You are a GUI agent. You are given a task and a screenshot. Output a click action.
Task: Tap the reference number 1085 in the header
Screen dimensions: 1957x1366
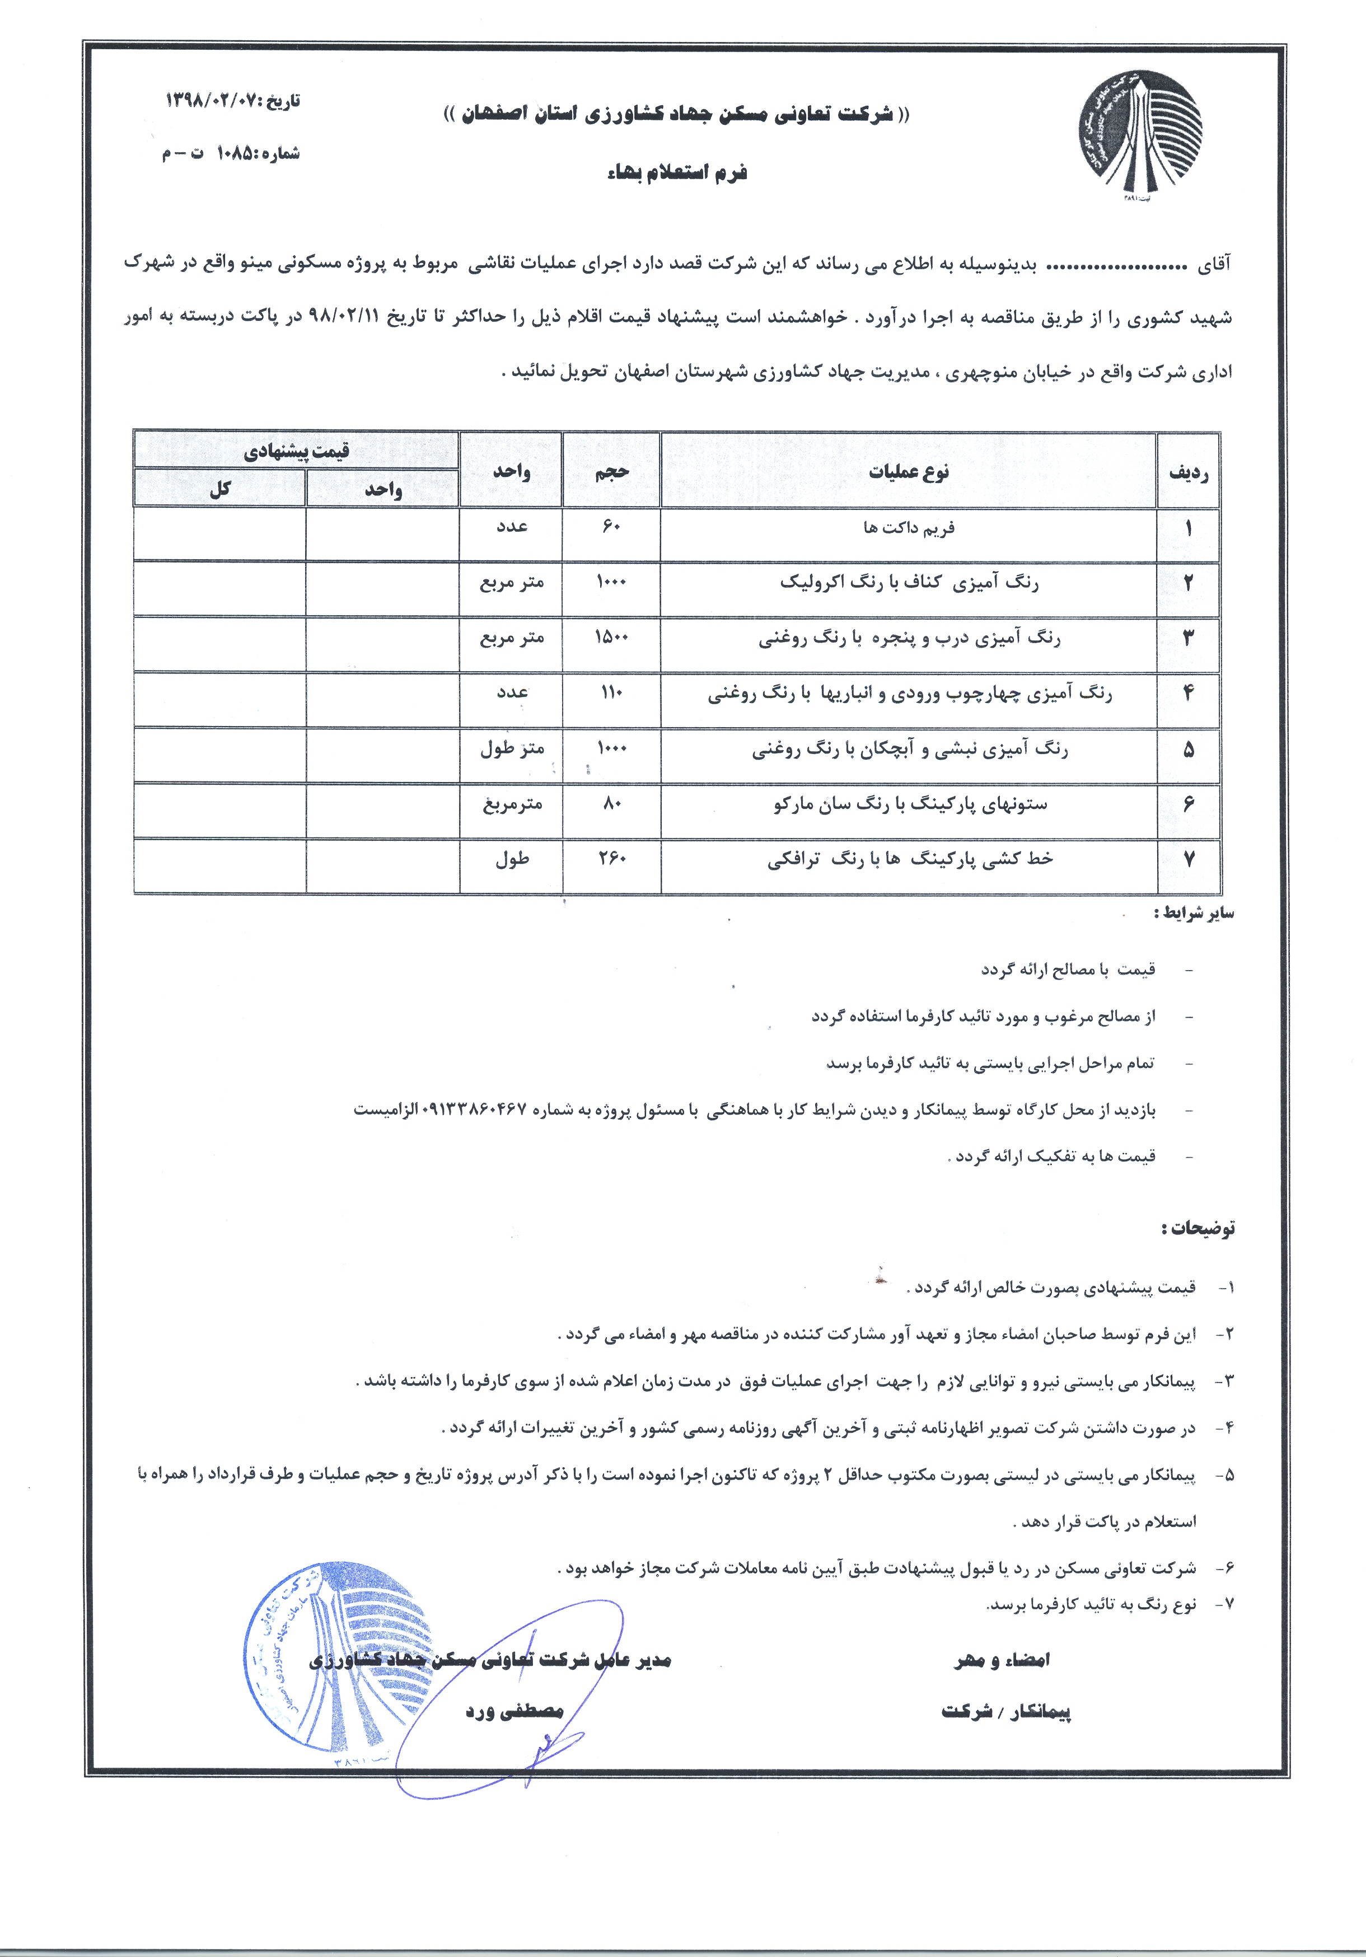[x=235, y=153]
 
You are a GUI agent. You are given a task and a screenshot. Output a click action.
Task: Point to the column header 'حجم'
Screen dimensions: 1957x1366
[x=611, y=471]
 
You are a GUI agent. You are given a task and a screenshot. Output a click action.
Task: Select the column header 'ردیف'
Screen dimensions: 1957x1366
[x=1188, y=471]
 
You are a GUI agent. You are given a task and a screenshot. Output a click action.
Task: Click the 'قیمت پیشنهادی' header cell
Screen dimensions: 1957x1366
[x=296, y=451]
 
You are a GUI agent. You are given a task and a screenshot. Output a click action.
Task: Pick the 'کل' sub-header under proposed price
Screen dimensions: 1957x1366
[x=220, y=489]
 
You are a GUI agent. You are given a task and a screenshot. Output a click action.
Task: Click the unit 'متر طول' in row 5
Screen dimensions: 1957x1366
[x=512, y=748]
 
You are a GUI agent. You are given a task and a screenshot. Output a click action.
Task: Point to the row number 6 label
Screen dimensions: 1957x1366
[x=1188, y=804]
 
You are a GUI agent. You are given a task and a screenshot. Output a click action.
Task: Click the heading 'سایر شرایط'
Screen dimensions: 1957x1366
[x=1194, y=914]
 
